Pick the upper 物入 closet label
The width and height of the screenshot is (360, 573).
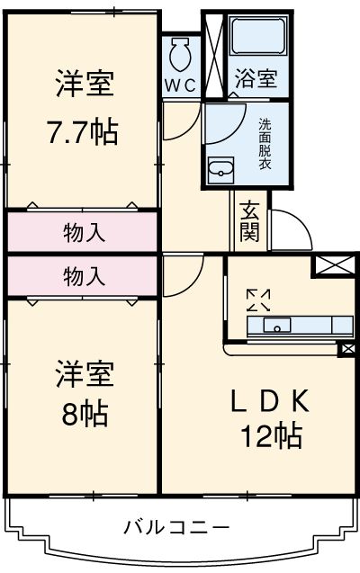click(84, 231)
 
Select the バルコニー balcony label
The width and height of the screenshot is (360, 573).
click(176, 527)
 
